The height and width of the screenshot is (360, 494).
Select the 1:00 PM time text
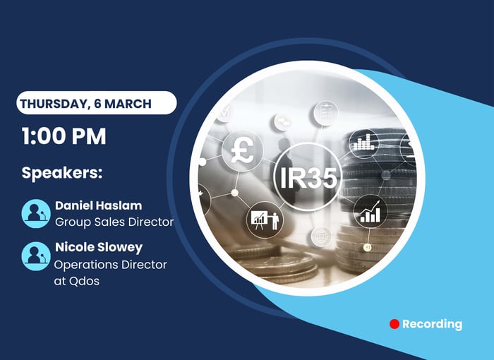64,136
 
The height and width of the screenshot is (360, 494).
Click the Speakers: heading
62,173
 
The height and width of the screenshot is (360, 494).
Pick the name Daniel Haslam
99,205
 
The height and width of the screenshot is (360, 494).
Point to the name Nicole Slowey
99,247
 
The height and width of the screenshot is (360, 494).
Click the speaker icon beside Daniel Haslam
36,213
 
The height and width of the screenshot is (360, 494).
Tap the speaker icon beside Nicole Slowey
36,256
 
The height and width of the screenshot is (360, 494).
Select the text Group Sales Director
114,222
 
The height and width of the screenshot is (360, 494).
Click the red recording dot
394,324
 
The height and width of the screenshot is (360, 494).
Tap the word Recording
432,325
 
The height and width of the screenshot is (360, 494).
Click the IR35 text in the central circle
308,177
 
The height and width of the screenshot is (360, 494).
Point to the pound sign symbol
242,151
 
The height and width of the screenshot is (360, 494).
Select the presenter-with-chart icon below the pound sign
265,220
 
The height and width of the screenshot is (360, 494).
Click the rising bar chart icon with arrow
370,211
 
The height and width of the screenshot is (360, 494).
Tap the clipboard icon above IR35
326,112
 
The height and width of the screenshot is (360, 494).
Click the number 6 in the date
97,104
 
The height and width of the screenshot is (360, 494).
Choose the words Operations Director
110,265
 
